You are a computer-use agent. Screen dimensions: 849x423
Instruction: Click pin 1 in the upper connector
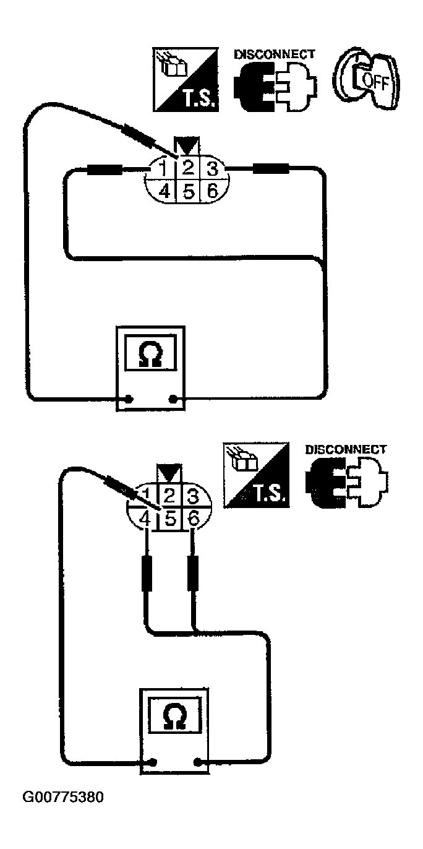(x=164, y=168)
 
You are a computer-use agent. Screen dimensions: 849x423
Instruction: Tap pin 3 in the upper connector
(x=211, y=168)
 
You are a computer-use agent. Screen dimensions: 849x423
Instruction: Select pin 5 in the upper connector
(x=188, y=191)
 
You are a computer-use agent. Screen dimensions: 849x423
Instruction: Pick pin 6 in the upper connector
(x=211, y=191)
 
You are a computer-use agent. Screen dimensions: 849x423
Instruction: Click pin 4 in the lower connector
(x=145, y=519)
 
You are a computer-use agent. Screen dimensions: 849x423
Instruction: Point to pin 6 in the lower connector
(x=193, y=519)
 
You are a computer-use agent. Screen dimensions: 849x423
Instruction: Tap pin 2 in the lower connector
(x=170, y=495)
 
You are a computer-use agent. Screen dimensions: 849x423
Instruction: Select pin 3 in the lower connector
(x=192, y=495)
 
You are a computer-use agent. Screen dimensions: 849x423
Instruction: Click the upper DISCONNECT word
(x=274, y=54)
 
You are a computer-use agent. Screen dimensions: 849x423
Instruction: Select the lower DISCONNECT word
(x=346, y=450)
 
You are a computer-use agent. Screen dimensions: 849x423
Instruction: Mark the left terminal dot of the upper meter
(x=128, y=399)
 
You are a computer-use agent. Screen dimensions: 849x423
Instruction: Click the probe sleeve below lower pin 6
(x=192, y=574)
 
